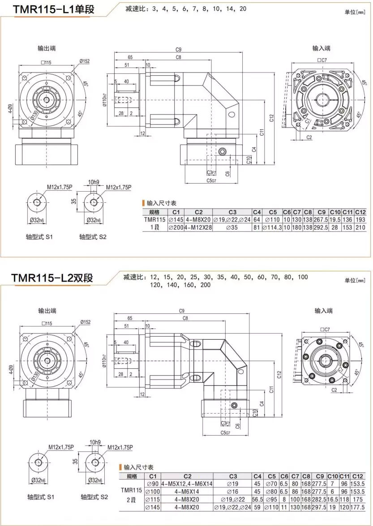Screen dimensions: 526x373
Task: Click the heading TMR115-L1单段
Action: click(54, 9)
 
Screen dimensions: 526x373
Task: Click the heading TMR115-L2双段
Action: click(52, 278)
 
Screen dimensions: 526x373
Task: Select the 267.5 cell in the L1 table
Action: click(321, 220)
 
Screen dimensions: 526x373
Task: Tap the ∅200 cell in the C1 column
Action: click(176, 228)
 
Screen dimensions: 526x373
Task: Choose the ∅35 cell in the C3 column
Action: click(232, 228)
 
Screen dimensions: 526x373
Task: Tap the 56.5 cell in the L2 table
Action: click(257, 499)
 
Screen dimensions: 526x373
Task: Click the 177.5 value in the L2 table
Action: click(357, 507)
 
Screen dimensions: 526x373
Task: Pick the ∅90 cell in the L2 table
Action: click(153, 483)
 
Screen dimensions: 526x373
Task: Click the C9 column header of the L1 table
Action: click(321, 212)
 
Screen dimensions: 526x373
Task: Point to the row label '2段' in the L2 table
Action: click(131, 499)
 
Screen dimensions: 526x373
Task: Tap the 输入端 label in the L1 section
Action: click(322, 48)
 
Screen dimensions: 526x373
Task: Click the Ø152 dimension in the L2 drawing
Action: click(85, 322)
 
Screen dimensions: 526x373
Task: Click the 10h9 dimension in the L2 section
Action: click(95, 442)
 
